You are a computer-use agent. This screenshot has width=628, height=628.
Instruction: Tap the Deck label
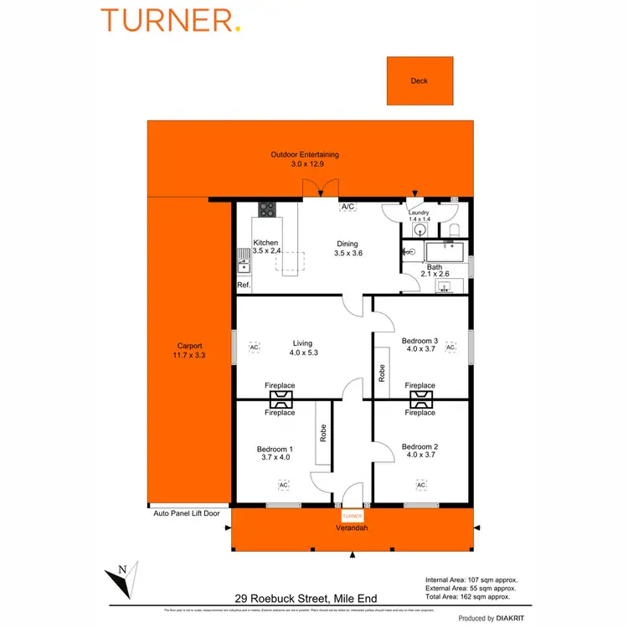(x=419, y=81)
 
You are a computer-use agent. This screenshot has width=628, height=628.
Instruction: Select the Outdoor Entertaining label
(x=305, y=155)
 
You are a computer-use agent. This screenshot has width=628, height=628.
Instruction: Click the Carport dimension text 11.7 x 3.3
(x=189, y=355)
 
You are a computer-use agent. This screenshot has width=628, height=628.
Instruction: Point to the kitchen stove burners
(x=267, y=210)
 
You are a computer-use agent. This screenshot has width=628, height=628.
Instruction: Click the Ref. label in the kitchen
(x=244, y=286)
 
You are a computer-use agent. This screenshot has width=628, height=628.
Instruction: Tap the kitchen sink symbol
(x=243, y=263)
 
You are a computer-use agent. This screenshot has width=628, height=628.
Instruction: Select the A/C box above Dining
(x=347, y=206)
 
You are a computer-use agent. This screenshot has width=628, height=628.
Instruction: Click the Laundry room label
(x=418, y=213)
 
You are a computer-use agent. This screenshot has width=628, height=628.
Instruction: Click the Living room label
(x=302, y=342)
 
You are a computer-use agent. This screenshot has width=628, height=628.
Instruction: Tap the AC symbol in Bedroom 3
(x=450, y=347)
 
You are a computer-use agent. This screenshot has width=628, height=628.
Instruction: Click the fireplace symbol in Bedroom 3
(x=420, y=399)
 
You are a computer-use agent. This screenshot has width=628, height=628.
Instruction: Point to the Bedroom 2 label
(x=420, y=446)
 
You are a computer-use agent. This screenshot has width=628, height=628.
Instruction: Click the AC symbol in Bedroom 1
(x=283, y=485)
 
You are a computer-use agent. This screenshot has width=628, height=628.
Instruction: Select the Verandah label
(x=352, y=528)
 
